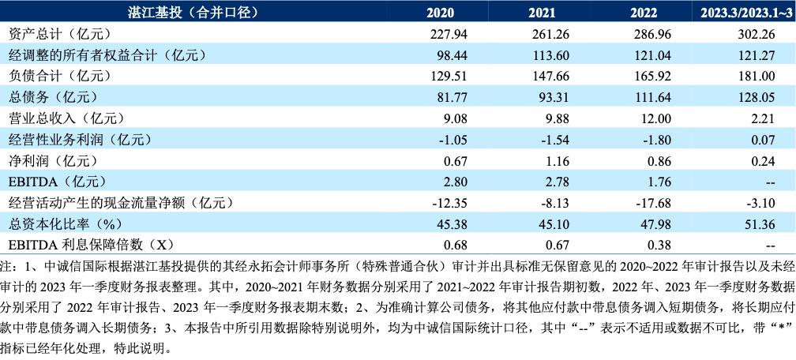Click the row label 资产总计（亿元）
[x=59, y=34]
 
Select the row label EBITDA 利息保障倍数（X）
[x=91, y=245]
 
